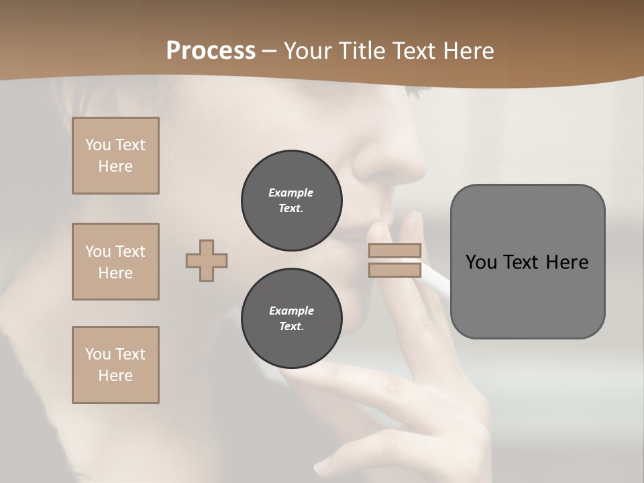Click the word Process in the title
[x=211, y=51]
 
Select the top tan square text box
[x=115, y=156]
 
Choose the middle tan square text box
[x=115, y=262]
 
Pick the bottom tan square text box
[x=115, y=365]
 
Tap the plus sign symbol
[x=207, y=260]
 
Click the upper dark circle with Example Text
[x=291, y=201]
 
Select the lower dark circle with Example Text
[x=291, y=319]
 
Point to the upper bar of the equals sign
[x=394, y=250]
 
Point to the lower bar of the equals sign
[x=394, y=270]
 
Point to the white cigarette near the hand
[x=435, y=280]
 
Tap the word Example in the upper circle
[x=291, y=193]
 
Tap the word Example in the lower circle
[x=291, y=311]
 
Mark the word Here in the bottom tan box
[x=115, y=376]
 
